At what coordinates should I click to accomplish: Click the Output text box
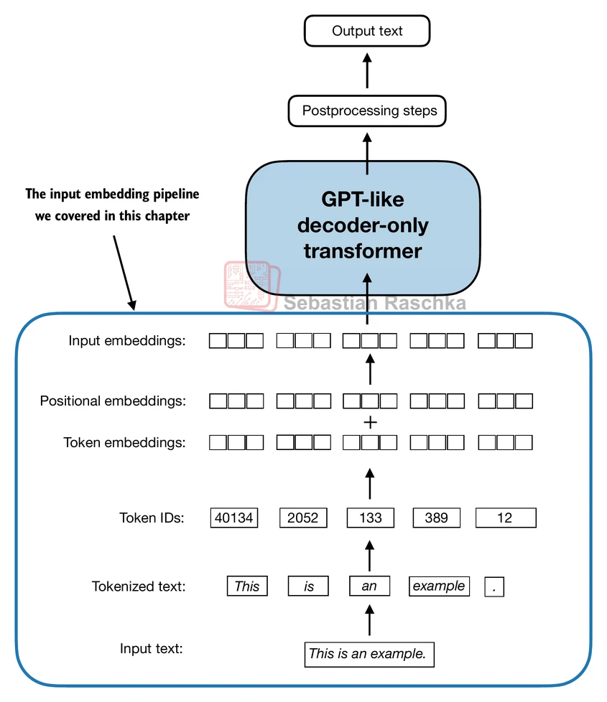pos(367,32)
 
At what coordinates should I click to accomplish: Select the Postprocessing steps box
pos(367,111)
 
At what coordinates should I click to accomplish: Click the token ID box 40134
pos(234,518)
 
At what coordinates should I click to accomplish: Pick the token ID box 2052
pos(302,518)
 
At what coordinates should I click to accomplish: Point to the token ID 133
pos(371,518)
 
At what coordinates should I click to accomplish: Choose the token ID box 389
pos(437,518)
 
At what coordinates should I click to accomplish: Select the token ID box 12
pos(505,518)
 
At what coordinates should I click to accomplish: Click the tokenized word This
pos(247,586)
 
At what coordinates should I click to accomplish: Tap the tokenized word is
pos(309,586)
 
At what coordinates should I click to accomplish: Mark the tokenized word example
pos(439,586)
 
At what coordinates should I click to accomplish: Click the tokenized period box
pos(495,586)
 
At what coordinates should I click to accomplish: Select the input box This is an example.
pos(369,654)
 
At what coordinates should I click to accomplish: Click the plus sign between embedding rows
pos(370,422)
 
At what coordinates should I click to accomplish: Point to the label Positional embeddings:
pos(113,401)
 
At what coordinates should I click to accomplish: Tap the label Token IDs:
pos(152,518)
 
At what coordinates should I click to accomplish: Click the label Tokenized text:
pos(139,586)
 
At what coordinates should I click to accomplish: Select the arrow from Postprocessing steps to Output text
pos(368,72)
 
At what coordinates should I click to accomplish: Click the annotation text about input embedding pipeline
pos(112,205)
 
